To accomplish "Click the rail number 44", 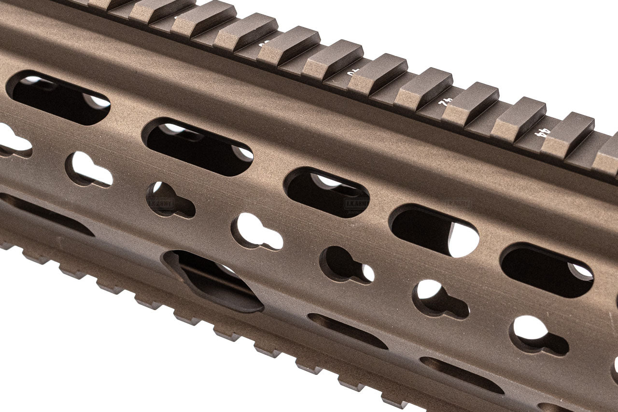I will (x=544, y=132).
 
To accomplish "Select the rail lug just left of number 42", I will (x=423, y=90).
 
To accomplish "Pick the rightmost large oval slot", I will (x=547, y=270).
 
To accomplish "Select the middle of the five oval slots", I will (x=327, y=192).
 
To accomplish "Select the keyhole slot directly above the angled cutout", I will (x=256, y=232).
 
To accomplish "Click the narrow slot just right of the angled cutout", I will (x=347, y=330).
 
